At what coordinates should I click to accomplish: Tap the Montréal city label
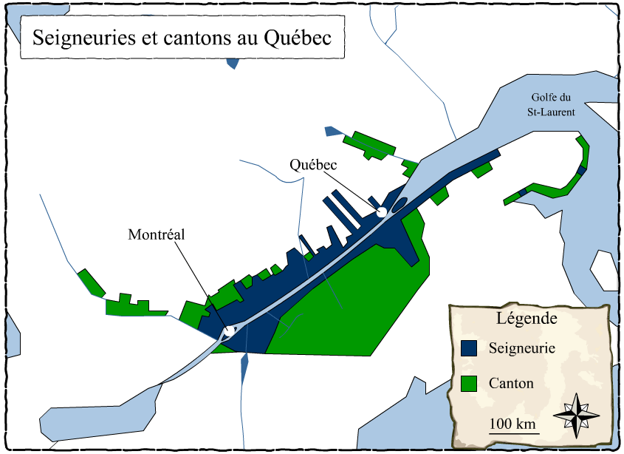click(156, 234)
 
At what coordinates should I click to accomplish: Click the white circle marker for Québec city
click(382, 213)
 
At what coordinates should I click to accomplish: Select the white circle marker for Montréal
click(229, 331)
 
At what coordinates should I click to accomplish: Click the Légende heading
click(527, 319)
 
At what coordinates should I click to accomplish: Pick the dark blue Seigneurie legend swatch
click(468, 348)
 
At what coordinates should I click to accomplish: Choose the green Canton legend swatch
click(468, 384)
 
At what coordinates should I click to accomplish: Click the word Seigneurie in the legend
click(522, 348)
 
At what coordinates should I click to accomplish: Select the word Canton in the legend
click(511, 384)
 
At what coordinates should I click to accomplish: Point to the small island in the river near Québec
click(400, 204)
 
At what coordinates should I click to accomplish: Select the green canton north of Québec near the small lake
click(374, 146)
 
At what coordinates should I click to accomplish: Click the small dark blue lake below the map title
click(233, 62)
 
